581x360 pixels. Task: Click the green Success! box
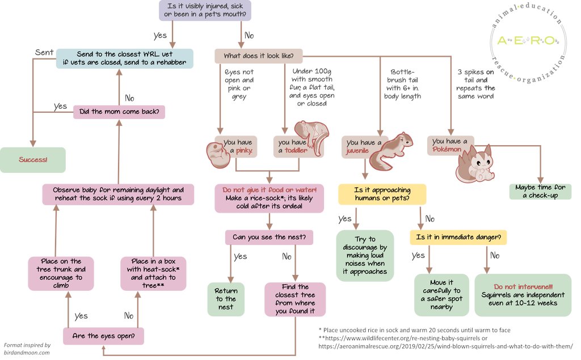32,160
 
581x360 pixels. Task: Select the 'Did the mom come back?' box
119,112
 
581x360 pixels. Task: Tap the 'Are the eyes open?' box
103,336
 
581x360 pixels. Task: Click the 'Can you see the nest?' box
269,237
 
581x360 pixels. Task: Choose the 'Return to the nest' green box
226,299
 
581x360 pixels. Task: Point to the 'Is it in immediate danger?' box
458,237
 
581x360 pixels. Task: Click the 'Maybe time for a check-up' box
540,192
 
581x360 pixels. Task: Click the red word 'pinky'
244,150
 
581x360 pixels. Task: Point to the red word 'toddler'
296,150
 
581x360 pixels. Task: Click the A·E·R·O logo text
528,40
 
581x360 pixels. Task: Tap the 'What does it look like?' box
259,56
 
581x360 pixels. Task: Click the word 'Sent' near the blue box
44,53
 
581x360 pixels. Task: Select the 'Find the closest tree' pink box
295,299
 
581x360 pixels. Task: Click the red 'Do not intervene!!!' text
523,287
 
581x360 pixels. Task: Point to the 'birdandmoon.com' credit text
27,353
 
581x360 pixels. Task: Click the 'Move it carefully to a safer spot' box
441,295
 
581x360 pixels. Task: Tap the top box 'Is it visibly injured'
205,10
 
